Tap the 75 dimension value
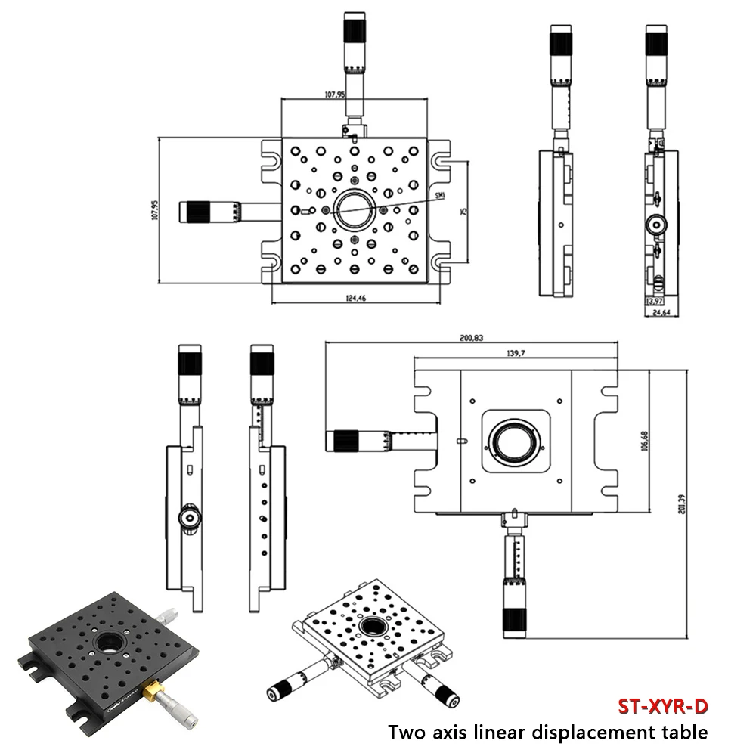click(x=465, y=212)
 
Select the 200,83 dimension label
click(x=472, y=339)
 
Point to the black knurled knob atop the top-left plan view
click(x=355, y=30)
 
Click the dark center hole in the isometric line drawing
click(x=372, y=626)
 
